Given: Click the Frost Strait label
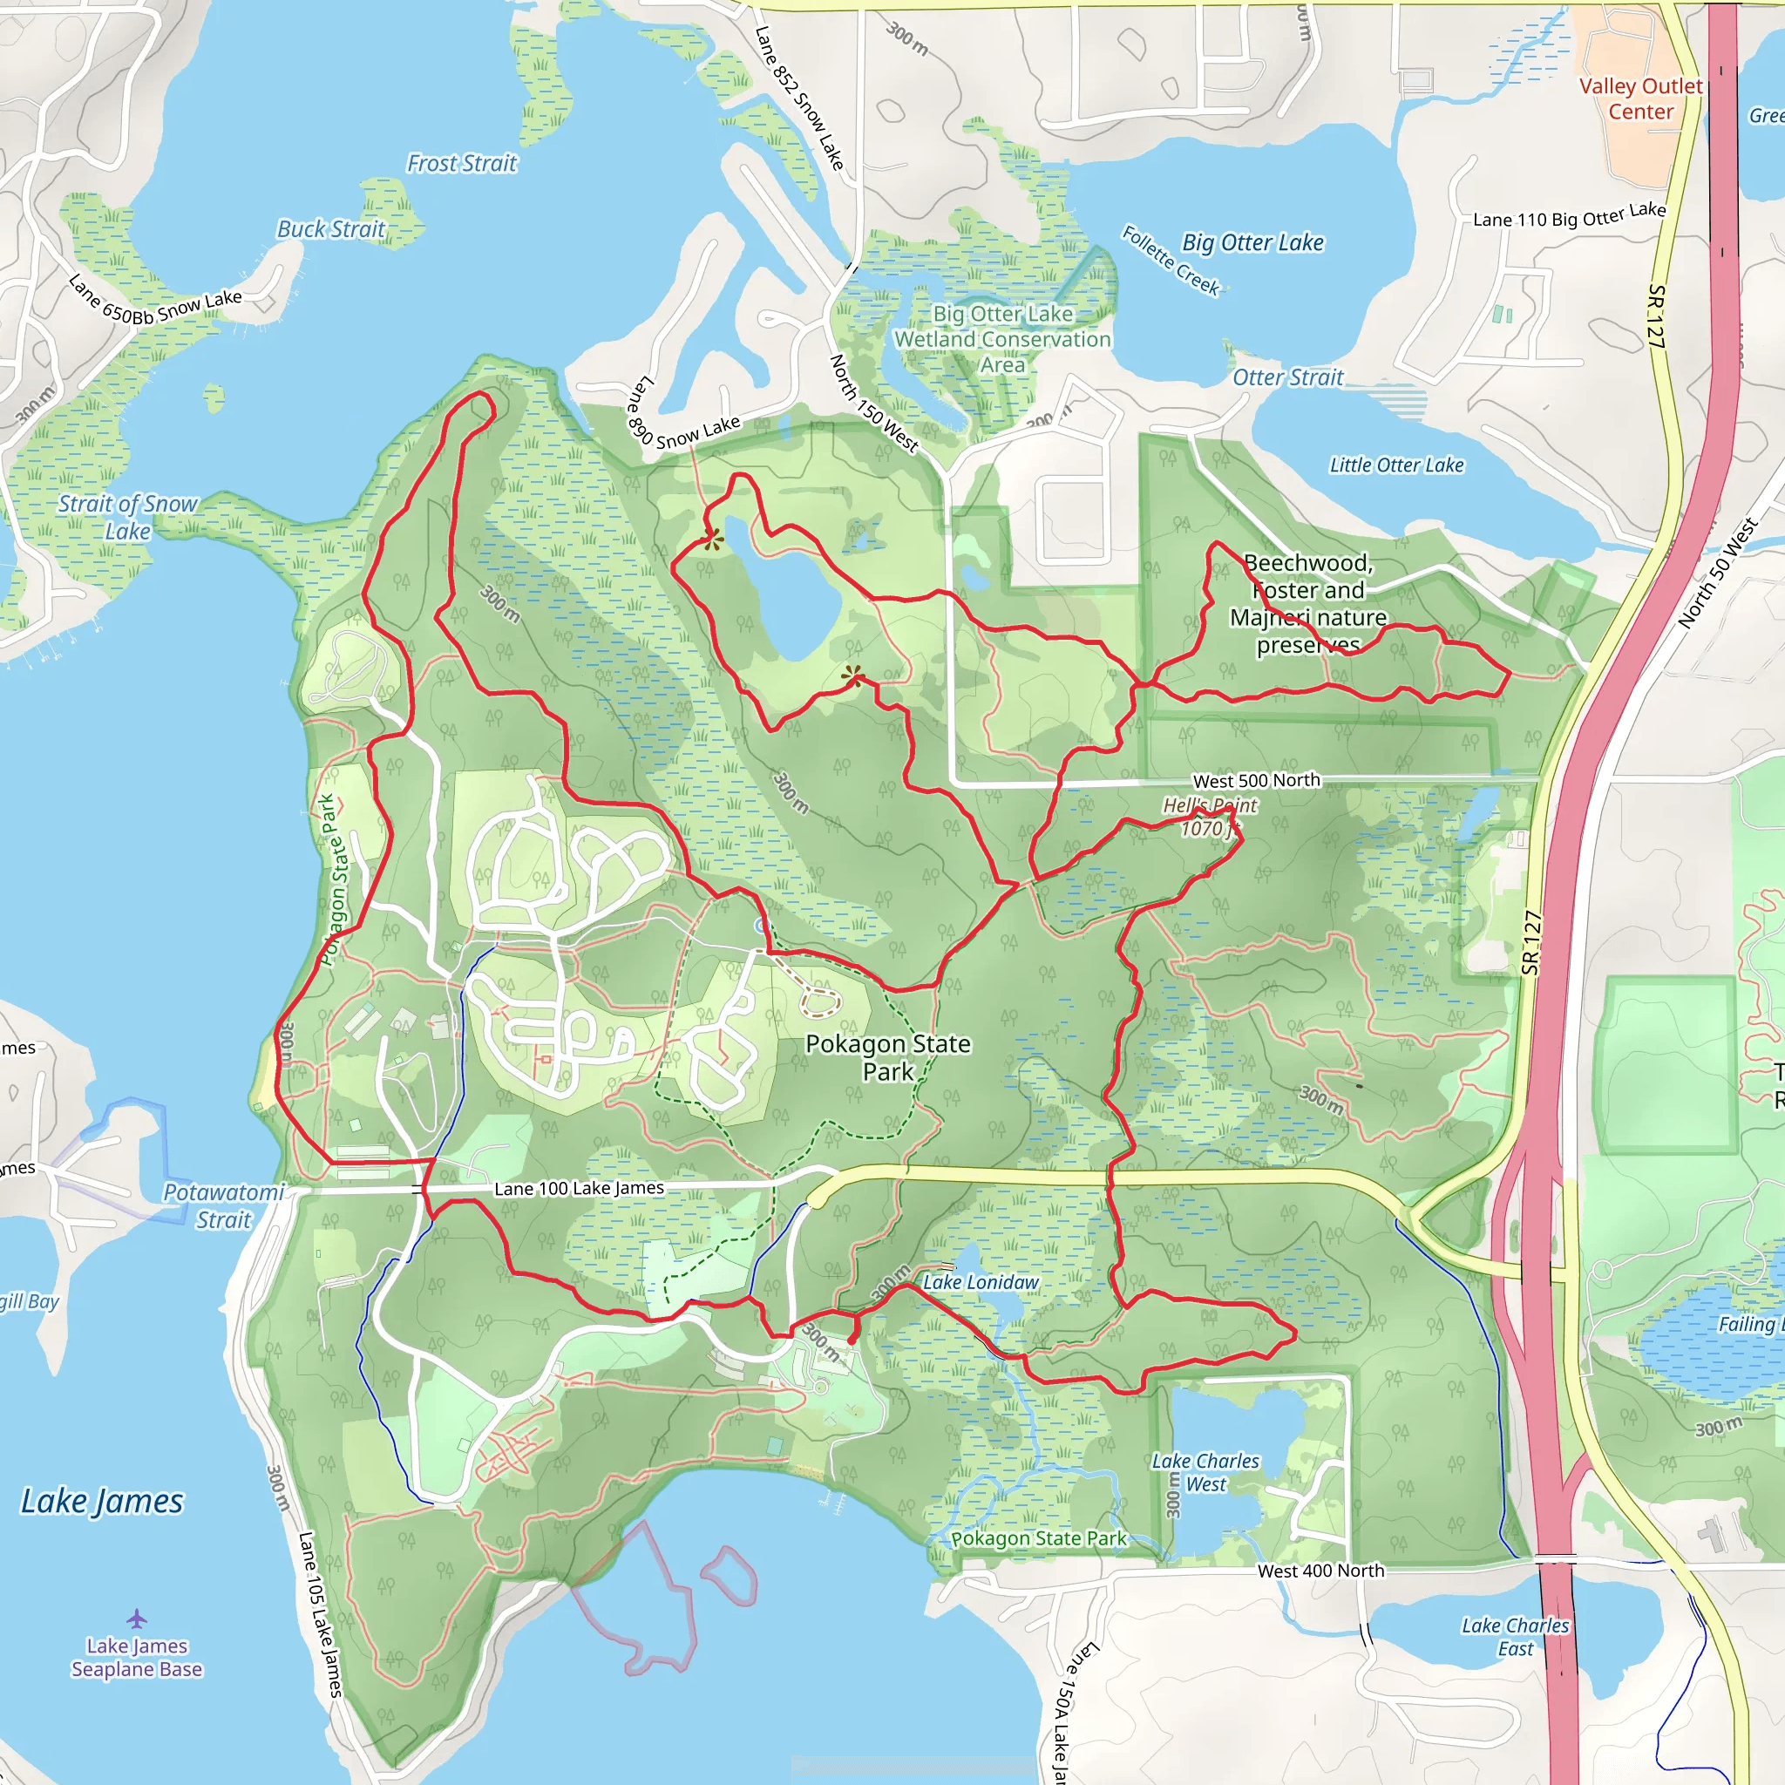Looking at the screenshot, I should [x=462, y=164].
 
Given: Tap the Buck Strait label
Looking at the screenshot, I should [x=330, y=229].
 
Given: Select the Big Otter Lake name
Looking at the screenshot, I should [x=1252, y=243].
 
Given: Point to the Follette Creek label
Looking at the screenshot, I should [x=1171, y=261].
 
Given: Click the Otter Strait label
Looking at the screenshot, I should [x=1287, y=378].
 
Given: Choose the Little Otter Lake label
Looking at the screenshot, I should [x=1396, y=465].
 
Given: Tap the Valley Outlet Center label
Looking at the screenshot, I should [x=1640, y=98].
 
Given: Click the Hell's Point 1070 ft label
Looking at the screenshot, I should [x=1210, y=818].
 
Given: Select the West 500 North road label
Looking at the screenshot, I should [x=1256, y=781].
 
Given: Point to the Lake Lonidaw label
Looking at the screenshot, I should [x=981, y=1282].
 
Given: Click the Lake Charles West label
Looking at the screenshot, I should [x=1205, y=1473].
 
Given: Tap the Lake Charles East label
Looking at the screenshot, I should [x=1515, y=1637].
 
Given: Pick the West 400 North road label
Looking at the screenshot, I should [x=1320, y=1571].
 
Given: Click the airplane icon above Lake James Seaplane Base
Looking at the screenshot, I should [x=137, y=1619].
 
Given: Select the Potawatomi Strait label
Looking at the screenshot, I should [x=224, y=1205].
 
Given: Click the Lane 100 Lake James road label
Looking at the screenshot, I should [x=579, y=1188].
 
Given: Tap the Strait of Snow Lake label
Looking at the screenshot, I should [x=127, y=518].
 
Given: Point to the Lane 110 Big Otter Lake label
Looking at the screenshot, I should [x=1569, y=215].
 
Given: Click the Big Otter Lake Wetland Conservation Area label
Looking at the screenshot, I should [x=1002, y=339].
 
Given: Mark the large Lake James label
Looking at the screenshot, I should [x=102, y=1502].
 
